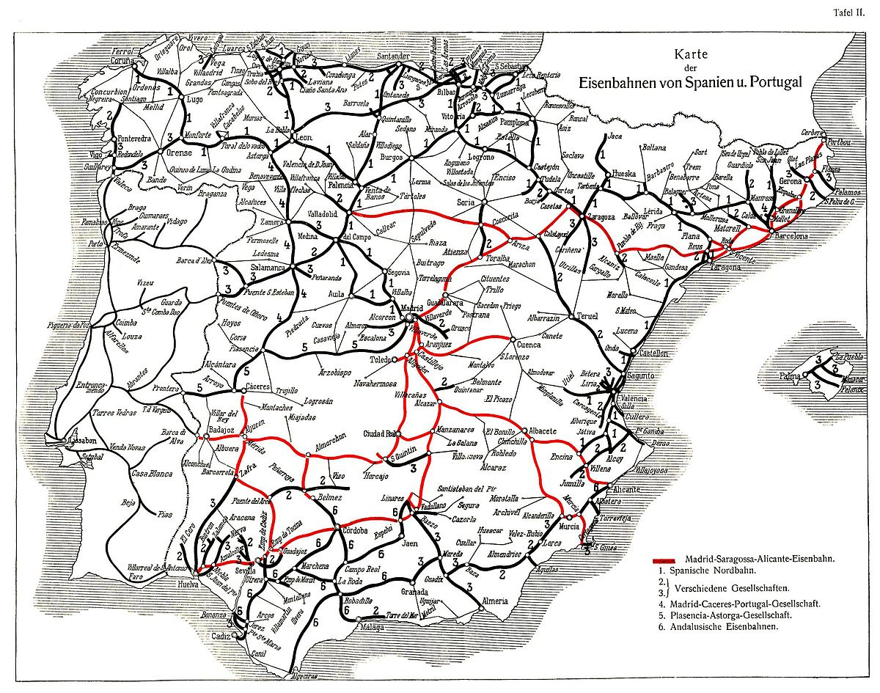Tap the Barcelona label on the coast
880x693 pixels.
coord(787,237)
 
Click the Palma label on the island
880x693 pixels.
coord(788,376)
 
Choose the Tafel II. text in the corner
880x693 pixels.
coord(853,11)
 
